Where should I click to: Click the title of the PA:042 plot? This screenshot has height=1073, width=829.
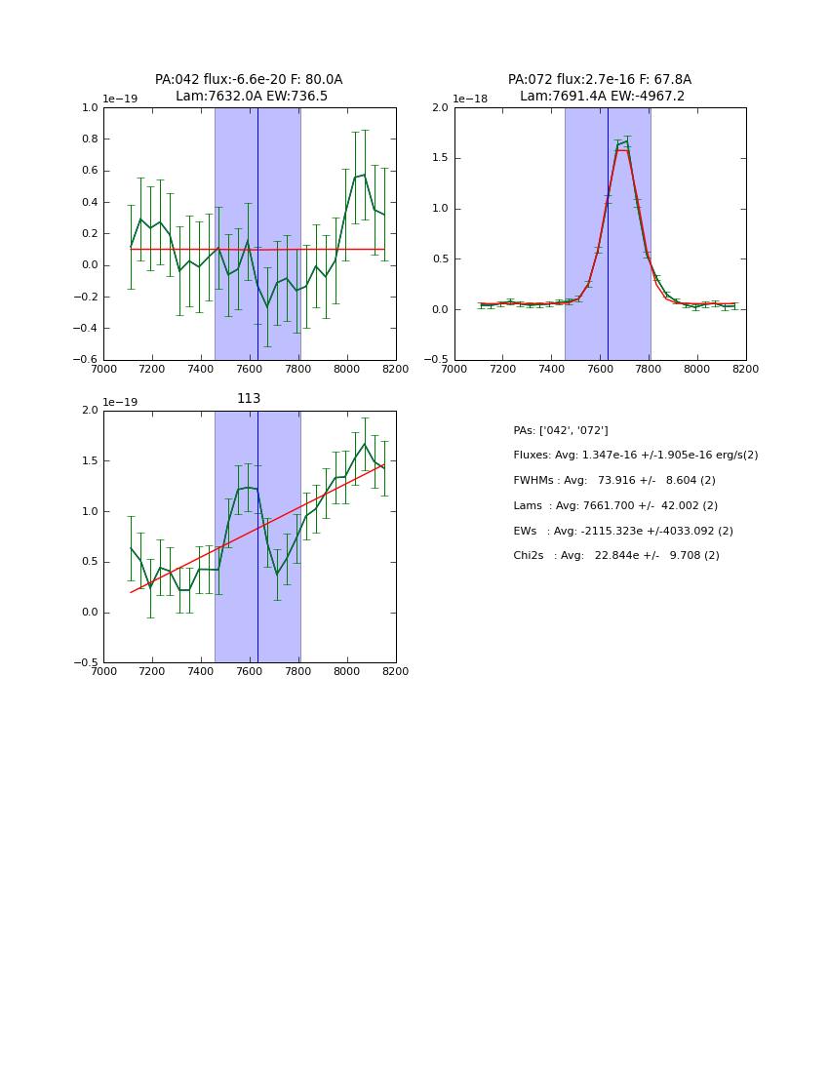pos(249,88)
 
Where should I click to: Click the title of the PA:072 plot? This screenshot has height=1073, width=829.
pos(599,88)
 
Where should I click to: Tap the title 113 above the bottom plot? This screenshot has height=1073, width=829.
pos(249,399)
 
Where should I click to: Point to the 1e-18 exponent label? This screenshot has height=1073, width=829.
pos(470,99)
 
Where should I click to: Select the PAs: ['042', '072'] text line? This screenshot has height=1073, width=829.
pos(560,430)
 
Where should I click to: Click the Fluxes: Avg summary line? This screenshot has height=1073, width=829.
pos(635,456)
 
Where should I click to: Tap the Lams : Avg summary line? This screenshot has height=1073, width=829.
pos(614,505)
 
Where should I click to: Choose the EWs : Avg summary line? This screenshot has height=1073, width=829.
pos(622,531)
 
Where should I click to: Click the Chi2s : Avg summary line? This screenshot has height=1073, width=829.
pos(615,555)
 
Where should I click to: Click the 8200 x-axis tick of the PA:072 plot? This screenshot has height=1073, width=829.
pos(745,369)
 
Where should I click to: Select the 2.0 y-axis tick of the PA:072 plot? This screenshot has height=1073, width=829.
pos(439,107)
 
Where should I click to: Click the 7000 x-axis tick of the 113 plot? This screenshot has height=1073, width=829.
pos(103,671)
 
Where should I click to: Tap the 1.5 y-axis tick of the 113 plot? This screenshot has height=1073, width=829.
pos(89,461)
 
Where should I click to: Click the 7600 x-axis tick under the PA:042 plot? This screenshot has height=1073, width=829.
pos(250,369)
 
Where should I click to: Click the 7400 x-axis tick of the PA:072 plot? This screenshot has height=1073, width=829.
pos(551,369)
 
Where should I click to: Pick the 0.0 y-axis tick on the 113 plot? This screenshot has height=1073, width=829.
pos(89,613)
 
